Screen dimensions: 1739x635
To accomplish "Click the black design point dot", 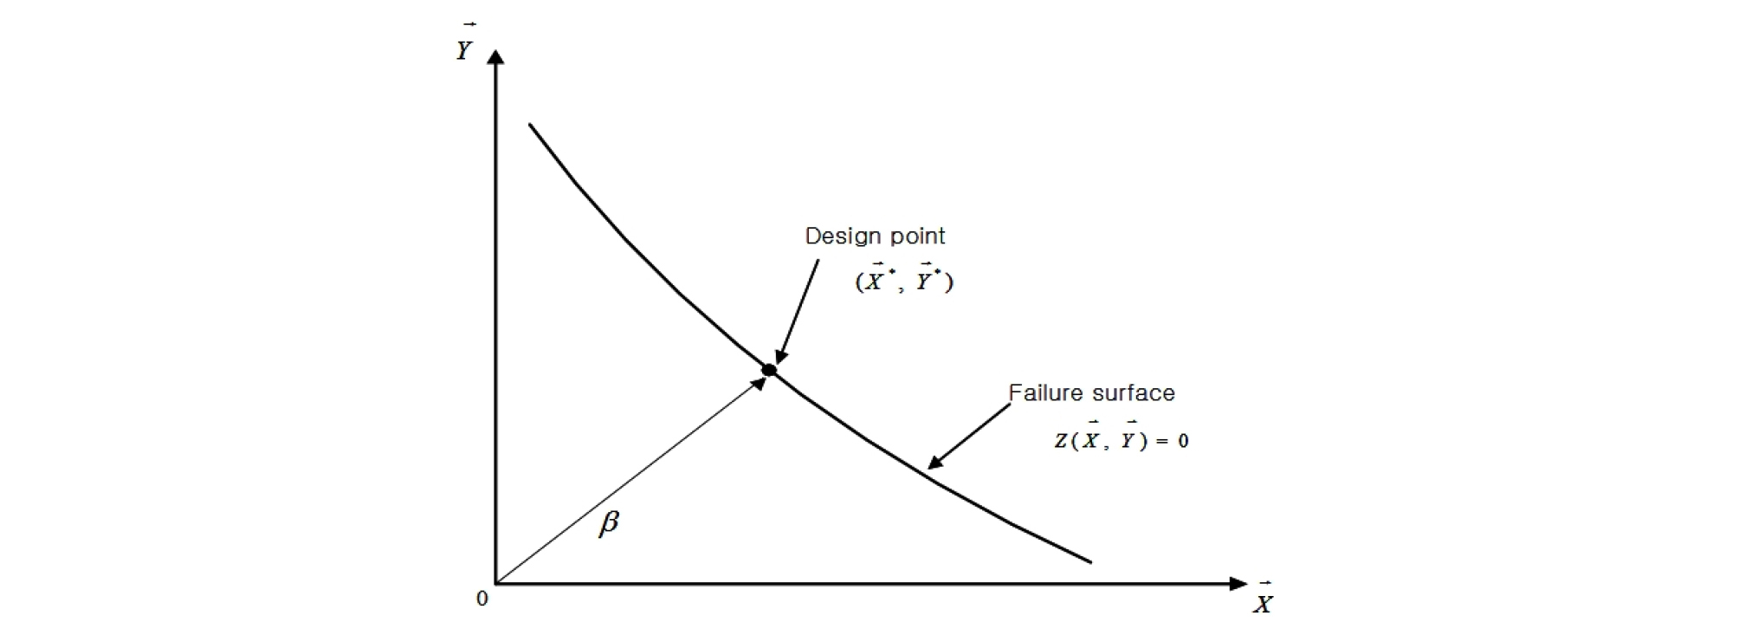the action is pyautogui.click(x=769, y=370).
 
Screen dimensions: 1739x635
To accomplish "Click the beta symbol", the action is pyautogui.click(x=609, y=522).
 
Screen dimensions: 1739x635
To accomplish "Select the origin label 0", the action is pyautogui.click(x=482, y=599).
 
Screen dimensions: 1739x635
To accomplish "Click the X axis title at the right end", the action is pyautogui.click(x=1263, y=600).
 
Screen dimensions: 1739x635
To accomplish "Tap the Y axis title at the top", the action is pyautogui.click(x=465, y=46).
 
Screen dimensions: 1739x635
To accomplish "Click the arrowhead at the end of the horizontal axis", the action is pyautogui.click(x=1238, y=584).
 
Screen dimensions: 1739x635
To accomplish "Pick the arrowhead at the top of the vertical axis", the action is pyautogui.click(x=496, y=58).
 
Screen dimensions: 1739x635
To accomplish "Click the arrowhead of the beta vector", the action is pyautogui.click(x=758, y=382).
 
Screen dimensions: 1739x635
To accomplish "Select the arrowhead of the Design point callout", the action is pyautogui.click(x=780, y=355).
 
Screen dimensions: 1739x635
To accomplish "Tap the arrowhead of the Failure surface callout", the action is pyautogui.click(x=935, y=461).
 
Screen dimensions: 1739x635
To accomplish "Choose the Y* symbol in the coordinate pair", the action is pyautogui.click(x=929, y=279).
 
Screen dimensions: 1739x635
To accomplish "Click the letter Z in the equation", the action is pyautogui.click(x=1061, y=441).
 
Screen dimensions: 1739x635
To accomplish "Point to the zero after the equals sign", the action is pyautogui.click(x=1183, y=441).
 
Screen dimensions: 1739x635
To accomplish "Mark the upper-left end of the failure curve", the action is pyautogui.click(x=530, y=125).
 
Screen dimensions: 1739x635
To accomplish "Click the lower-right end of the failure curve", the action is pyautogui.click(x=1091, y=562).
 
